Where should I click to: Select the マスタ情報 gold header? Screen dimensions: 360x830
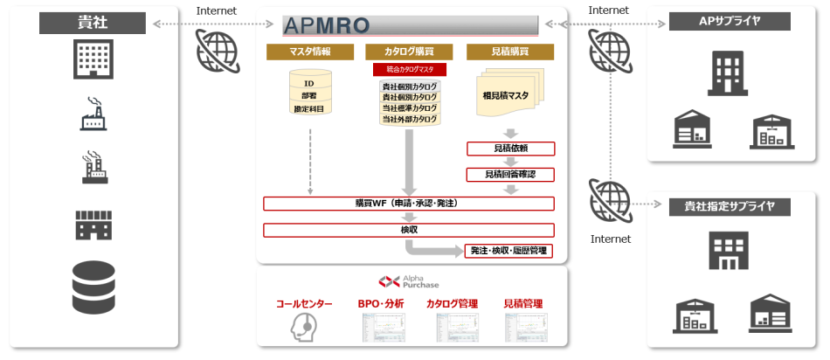click(309, 52)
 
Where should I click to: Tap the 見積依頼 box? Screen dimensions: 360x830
click(509, 149)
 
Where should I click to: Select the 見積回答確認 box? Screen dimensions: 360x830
click(509, 175)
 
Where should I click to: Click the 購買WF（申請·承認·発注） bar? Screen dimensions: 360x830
click(409, 204)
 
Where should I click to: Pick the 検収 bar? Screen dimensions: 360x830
click(409, 230)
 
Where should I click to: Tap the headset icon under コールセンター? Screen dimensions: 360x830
click(302, 326)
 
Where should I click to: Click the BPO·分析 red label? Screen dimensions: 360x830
click(381, 304)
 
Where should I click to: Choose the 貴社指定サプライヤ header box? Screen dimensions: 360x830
click(730, 207)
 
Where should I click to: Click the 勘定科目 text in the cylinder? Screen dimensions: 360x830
click(309, 108)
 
